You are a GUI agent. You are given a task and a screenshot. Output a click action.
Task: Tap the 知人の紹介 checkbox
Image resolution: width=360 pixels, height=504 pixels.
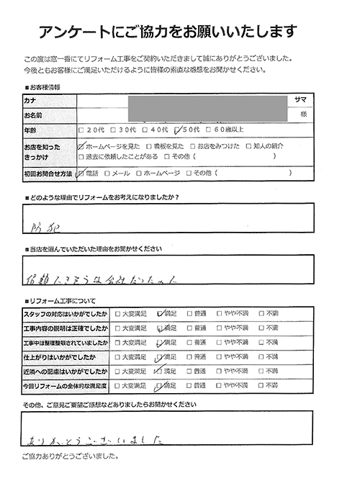tap(248, 145)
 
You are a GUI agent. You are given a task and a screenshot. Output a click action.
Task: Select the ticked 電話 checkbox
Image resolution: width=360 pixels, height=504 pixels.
tap(80, 173)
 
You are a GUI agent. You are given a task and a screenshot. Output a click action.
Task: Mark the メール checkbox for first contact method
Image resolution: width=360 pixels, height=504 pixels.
tap(107, 173)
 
